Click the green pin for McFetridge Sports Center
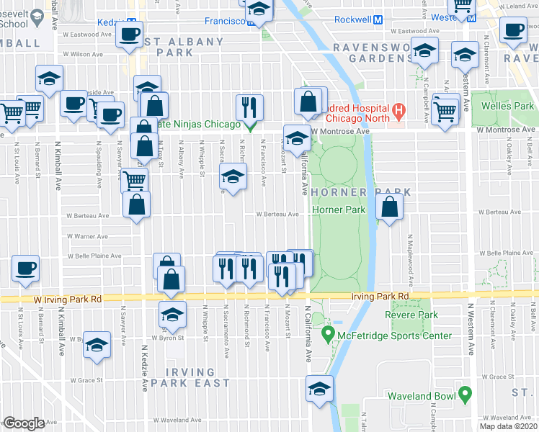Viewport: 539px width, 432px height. click(x=329, y=335)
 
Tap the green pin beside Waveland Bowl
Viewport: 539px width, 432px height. click(x=465, y=395)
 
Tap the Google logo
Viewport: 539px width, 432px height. click(x=24, y=423)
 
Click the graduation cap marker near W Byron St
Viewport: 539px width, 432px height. click(x=172, y=314)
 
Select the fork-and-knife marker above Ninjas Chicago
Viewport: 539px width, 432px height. click(x=249, y=108)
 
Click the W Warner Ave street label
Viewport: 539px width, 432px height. click(x=87, y=235)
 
